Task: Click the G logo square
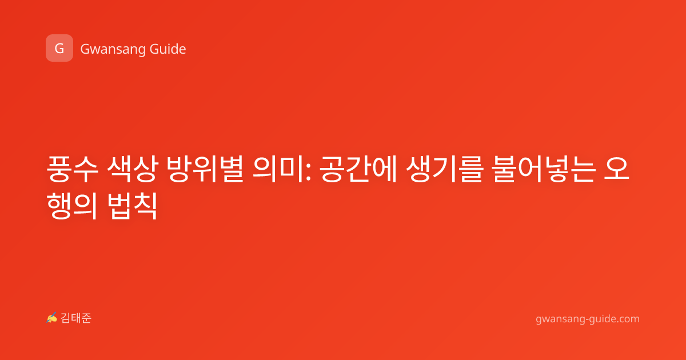click(59, 48)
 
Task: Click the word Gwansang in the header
click(113, 50)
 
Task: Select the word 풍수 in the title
click(72, 169)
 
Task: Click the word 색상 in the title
click(133, 169)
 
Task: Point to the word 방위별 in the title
click(205, 169)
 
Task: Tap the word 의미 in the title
click(278, 169)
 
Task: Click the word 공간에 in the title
click(358, 169)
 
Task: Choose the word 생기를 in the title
click(445, 169)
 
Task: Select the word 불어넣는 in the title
click(544, 169)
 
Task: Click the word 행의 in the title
click(72, 206)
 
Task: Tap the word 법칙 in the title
click(133, 206)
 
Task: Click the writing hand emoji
click(52, 318)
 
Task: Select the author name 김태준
click(76, 318)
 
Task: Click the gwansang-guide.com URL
click(588, 319)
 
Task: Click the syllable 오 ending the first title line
click(616, 169)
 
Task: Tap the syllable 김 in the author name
click(66, 318)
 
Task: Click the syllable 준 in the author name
click(86, 318)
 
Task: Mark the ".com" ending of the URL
click(627, 319)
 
